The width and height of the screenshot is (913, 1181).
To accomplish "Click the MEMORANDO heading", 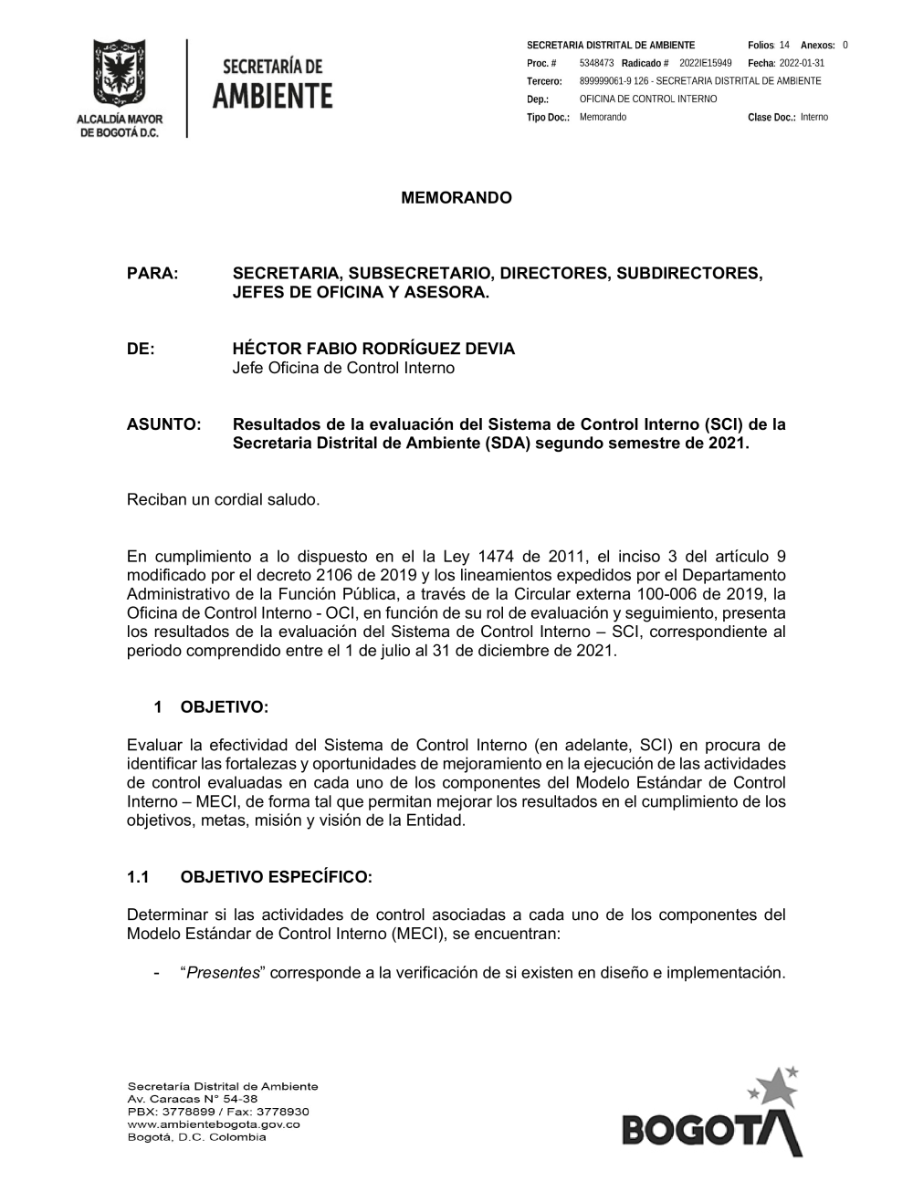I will point(456,198).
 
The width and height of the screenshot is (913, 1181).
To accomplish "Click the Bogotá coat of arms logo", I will point(119,75).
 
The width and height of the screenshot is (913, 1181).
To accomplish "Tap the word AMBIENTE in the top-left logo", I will point(272,95).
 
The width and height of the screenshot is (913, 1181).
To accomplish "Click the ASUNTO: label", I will point(163,424).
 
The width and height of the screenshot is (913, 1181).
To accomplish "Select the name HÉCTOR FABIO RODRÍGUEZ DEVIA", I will point(373,349).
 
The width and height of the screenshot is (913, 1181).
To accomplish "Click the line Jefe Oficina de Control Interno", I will point(343,369).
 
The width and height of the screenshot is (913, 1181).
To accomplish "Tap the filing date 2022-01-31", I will point(802,63).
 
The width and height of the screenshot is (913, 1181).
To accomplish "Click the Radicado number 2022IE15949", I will point(705,63).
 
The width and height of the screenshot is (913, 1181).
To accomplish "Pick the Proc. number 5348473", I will point(596,63).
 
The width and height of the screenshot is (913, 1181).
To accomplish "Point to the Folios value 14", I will point(784,45).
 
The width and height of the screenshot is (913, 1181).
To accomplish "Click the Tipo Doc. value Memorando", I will point(603,118).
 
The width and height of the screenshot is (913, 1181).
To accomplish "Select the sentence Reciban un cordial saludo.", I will point(224,499).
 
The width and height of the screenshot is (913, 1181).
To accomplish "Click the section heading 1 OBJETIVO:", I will point(211,707).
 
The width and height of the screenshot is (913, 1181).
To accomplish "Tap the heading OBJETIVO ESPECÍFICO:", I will point(276,878).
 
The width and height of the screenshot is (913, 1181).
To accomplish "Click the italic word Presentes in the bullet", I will point(223,972).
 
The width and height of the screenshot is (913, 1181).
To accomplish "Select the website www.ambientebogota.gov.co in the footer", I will point(214,1124).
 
